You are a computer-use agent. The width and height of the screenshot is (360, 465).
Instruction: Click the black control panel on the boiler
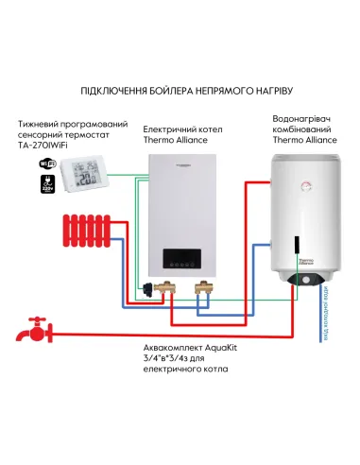(x=184, y=259)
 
